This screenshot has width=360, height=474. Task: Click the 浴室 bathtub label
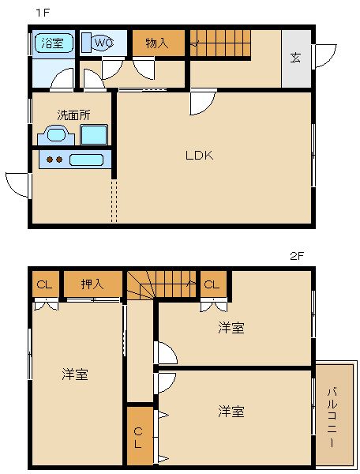point(53,43)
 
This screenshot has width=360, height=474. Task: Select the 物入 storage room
point(159,43)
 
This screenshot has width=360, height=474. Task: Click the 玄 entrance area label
point(295,58)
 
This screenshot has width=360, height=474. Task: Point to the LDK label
point(199,156)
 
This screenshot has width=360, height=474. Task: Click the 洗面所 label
point(73,115)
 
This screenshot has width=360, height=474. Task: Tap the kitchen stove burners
point(54,159)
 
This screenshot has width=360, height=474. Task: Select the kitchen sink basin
point(87,160)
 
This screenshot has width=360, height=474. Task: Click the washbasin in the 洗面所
point(56,135)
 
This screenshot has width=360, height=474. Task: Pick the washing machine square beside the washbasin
point(94,135)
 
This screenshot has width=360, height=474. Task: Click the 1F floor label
point(43,13)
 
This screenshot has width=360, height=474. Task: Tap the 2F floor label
point(296,256)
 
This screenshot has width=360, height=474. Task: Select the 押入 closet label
point(92,284)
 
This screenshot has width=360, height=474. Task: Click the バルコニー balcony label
point(332,418)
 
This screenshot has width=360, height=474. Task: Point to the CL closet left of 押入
point(46,284)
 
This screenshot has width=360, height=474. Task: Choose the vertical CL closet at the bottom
point(140,436)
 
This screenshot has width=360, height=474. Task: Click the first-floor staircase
point(220,43)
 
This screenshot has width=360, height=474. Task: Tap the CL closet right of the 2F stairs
point(213,284)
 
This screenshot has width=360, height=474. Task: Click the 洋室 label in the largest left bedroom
point(75,374)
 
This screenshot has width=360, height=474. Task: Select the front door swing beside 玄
point(326,56)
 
